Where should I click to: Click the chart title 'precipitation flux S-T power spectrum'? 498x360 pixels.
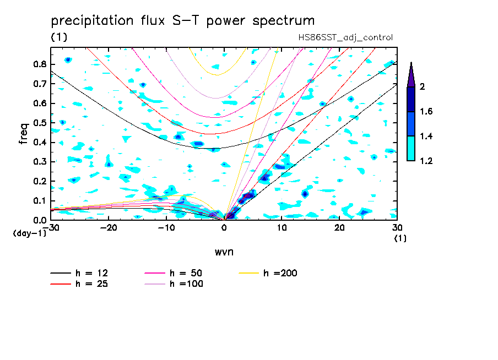(183, 21)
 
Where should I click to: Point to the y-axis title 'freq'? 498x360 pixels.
(23, 133)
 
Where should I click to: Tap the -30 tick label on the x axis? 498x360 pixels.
(51, 227)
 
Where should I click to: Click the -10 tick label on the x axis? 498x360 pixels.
(166, 227)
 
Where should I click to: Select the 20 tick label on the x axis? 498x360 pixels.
(339, 227)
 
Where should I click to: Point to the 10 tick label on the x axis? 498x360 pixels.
(282, 227)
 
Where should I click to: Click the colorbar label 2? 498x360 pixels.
(423, 86)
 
